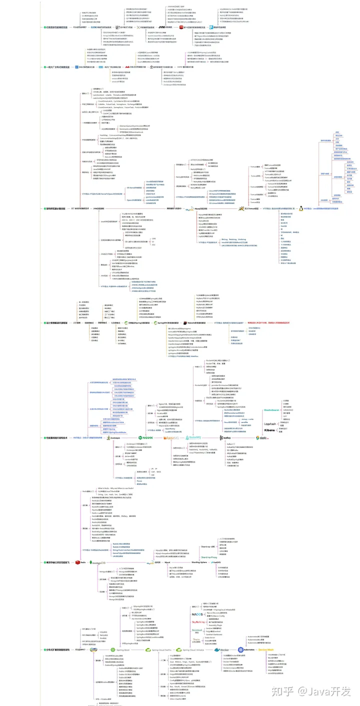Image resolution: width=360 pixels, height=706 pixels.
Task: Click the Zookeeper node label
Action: (x=114, y=438)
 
